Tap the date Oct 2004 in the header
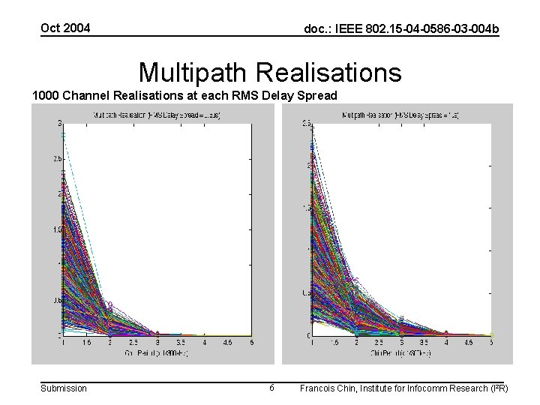[x=65, y=28]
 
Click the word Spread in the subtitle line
[x=318, y=96]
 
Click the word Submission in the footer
[x=63, y=388]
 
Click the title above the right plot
[x=400, y=115]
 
